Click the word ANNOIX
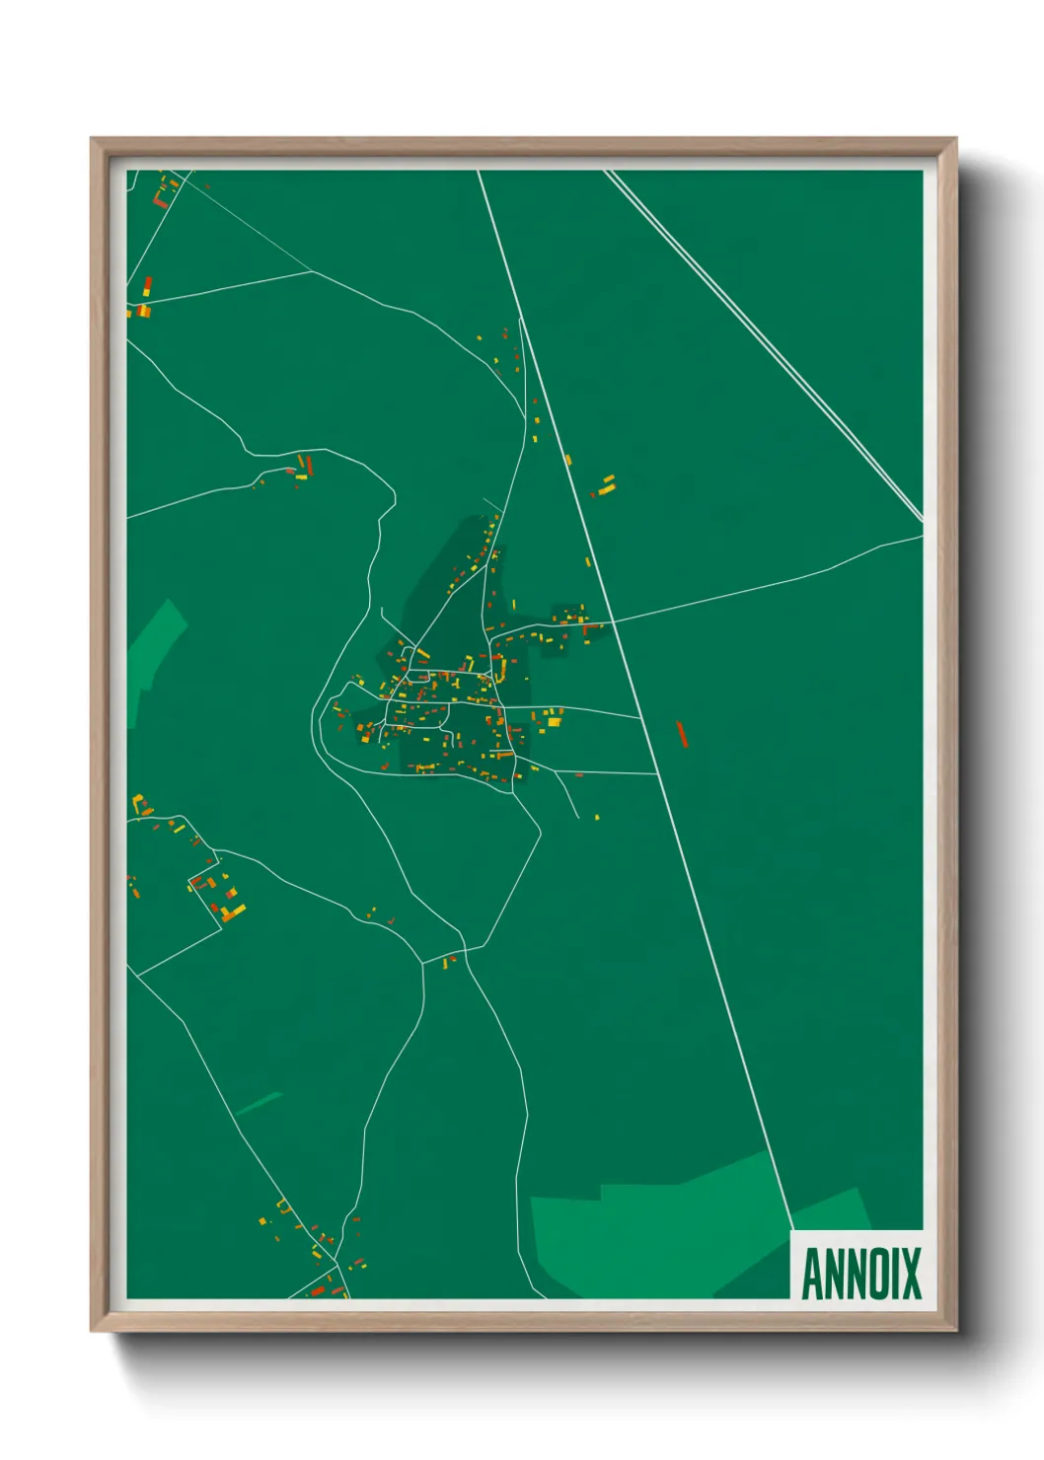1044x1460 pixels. pos(860,1274)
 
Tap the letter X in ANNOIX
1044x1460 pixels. pos(909,1274)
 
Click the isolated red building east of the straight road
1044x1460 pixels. pos(681,733)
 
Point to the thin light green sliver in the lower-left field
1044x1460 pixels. pos(259,1103)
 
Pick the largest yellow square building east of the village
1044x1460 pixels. pos(554,722)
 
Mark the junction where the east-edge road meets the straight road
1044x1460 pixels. pos(614,621)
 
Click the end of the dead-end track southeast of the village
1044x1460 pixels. pos(577,817)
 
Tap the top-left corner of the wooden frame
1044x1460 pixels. pos(92,139)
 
